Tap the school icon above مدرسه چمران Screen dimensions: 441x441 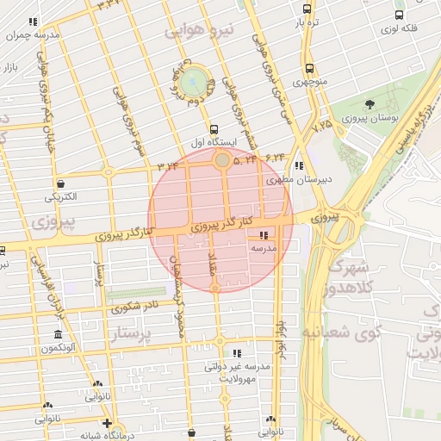coord(33,22)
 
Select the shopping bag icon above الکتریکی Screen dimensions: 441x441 coord(61,183)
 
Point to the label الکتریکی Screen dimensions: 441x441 coord(61,196)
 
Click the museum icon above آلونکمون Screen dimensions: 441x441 coord(58,334)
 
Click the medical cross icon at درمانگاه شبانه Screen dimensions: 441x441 coord(107,423)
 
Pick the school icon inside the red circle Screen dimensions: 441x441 coord(263,234)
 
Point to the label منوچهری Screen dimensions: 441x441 coord(309,83)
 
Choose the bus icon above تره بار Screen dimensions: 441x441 coord(307,9)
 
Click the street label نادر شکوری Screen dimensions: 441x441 coord(135,306)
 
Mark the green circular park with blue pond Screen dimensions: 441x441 coord(196,82)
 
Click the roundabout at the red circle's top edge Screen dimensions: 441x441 coord(222,160)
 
